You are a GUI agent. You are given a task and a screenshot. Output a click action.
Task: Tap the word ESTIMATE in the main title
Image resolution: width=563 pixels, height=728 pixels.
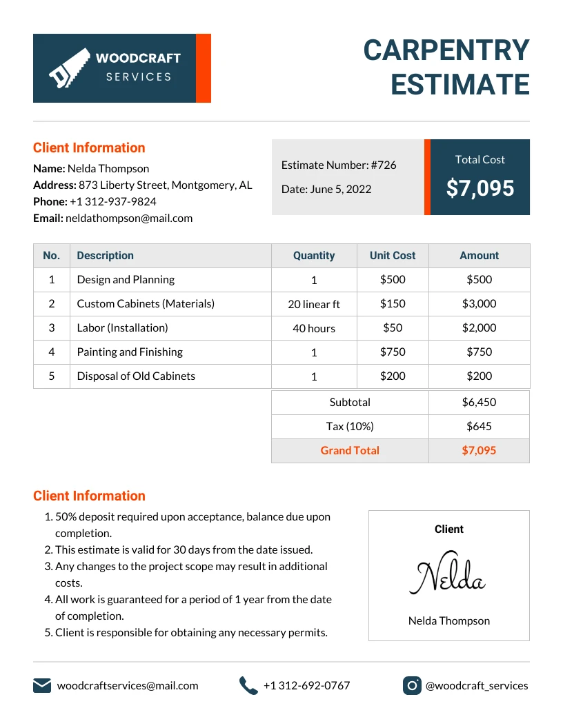pyautogui.click(x=460, y=84)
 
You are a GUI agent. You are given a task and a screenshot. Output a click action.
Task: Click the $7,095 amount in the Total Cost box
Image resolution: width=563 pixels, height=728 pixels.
pyautogui.click(x=480, y=188)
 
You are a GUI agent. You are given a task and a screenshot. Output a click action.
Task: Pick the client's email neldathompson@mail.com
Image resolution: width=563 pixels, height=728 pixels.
pyautogui.click(x=129, y=218)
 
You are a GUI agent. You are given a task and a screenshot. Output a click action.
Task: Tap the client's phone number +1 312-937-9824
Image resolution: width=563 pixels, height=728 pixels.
pyautogui.click(x=113, y=201)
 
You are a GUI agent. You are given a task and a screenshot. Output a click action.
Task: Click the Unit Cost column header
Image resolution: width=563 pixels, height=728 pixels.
pyautogui.click(x=393, y=255)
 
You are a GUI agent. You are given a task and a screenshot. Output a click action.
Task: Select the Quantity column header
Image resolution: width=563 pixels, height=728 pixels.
pyautogui.click(x=314, y=255)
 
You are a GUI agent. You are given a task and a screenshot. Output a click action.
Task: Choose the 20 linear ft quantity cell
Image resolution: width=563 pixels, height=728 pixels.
pyautogui.click(x=314, y=304)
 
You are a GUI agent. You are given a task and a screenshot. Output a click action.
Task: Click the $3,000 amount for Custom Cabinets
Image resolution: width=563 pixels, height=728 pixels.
pyautogui.click(x=479, y=303)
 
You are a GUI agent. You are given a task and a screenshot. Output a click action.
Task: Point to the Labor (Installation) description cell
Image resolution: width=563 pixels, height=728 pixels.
pyautogui.click(x=122, y=327)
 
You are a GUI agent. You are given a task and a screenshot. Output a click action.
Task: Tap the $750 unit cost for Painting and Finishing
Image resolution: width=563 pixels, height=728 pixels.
pyautogui.click(x=393, y=352)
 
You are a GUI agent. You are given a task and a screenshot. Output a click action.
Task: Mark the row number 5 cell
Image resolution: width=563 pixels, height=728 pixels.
pyautogui.click(x=52, y=376)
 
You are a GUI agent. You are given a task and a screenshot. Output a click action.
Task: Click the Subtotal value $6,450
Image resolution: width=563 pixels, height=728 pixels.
pyautogui.click(x=479, y=402)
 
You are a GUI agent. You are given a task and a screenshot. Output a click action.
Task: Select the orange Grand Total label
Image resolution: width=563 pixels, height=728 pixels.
pyautogui.click(x=350, y=450)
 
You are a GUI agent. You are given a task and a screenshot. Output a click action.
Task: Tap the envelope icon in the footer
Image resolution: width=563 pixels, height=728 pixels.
pyautogui.click(x=42, y=685)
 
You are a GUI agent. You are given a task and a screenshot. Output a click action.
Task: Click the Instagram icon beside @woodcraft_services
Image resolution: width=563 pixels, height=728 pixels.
pyautogui.click(x=412, y=685)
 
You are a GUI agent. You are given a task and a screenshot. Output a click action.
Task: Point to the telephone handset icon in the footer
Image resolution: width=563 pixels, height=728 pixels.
pyautogui.click(x=248, y=685)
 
